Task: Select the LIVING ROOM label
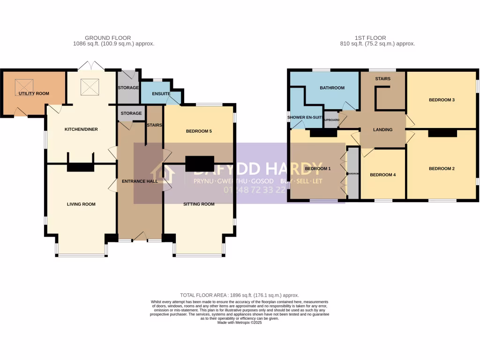click(x=81, y=204)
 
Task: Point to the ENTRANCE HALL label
click(x=140, y=181)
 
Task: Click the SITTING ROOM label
click(x=199, y=204)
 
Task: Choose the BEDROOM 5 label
click(x=199, y=131)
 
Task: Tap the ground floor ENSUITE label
click(x=161, y=94)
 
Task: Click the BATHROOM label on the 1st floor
click(x=332, y=88)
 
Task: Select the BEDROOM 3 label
click(x=442, y=100)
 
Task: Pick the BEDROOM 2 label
click(x=442, y=169)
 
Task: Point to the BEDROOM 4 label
click(x=383, y=175)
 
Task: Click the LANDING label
click(x=383, y=130)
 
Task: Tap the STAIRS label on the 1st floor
click(x=382, y=79)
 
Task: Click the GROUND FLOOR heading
click(x=108, y=38)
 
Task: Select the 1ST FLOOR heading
click(x=370, y=38)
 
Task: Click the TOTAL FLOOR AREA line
click(x=240, y=295)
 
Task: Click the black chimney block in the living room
click(x=81, y=167)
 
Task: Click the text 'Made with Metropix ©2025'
click(x=240, y=322)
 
